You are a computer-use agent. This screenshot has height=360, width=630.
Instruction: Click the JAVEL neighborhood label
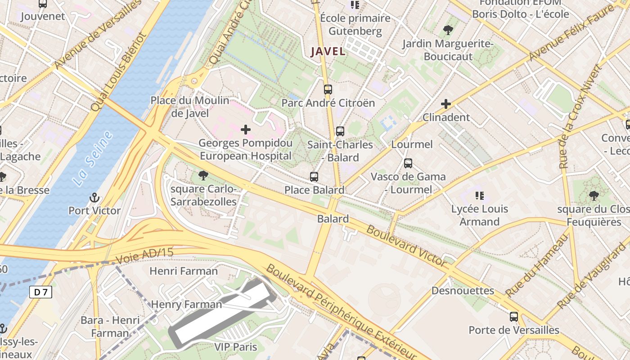click(328, 51)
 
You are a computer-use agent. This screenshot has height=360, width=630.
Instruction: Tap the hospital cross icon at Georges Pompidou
click(246, 130)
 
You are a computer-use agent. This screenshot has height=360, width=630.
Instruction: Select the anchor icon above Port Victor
click(94, 197)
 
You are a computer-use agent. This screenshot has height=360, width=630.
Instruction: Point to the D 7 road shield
click(41, 292)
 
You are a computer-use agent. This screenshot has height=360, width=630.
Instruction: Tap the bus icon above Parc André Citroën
click(328, 89)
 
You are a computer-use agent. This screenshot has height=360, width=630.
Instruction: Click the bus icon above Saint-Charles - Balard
click(340, 131)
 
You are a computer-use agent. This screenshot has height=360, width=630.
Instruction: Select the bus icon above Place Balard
click(314, 177)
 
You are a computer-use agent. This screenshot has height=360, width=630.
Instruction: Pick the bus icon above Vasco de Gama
click(408, 163)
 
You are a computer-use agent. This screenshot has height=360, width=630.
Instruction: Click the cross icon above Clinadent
click(446, 104)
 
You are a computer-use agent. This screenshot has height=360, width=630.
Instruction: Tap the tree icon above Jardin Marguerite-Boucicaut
click(448, 30)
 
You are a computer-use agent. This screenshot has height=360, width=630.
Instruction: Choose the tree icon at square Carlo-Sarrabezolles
click(203, 175)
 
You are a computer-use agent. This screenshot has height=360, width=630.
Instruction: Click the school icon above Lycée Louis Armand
click(480, 195)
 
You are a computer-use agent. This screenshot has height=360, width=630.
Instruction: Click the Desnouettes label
click(463, 291)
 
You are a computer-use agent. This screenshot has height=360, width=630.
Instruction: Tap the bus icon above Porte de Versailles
click(514, 317)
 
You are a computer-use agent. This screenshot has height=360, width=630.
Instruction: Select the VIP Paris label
click(235, 347)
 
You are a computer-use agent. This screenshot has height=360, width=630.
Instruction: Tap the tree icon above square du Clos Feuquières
click(594, 195)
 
